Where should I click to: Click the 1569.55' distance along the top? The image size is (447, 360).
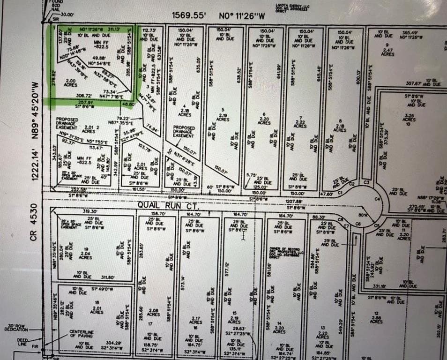tap(189, 15)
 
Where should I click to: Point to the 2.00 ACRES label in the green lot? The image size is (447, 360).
tap(70, 82)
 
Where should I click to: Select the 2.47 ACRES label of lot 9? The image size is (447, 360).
tap(387, 52)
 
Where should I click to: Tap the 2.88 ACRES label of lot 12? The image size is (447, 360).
tap(376, 319)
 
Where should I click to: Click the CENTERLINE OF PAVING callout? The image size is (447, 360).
tap(82, 334)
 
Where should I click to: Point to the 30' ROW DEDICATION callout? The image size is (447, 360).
tap(17, 327)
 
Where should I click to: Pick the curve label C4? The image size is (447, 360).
tap(377, 199)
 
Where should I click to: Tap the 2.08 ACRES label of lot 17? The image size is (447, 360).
tap(153, 312)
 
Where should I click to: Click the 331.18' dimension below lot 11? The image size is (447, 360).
tap(380, 285)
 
